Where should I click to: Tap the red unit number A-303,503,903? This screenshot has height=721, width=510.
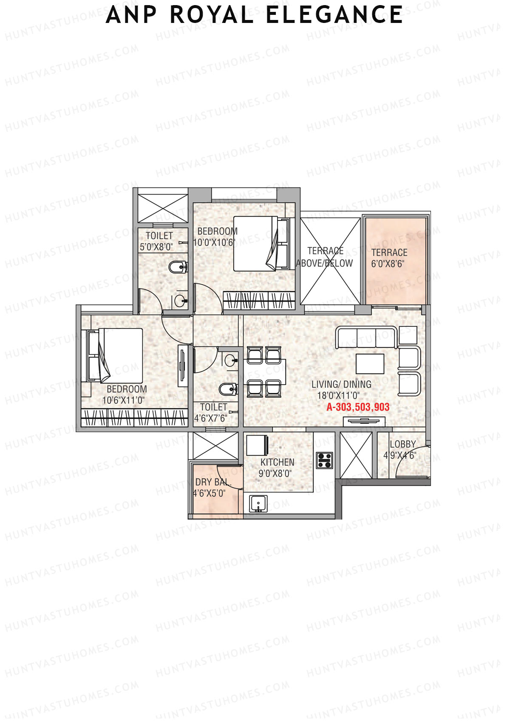click(x=358, y=407)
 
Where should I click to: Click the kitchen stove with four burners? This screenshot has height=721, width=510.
click(x=325, y=461)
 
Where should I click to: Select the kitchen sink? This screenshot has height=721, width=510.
click(x=258, y=503)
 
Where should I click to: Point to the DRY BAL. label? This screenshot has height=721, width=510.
click(x=213, y=482)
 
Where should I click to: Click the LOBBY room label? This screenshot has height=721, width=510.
click(x=402, y=444)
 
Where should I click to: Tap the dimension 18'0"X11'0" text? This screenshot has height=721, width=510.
click(x=338, y=396)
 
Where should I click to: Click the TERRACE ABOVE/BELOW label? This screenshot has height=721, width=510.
click(x=325, y=257)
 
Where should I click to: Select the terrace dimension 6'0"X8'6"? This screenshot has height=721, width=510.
click(x=388, y=263)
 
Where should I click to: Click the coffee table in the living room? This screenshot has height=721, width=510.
click(x=370, y=363)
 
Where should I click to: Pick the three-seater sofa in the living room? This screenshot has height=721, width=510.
click(x=366, y=337)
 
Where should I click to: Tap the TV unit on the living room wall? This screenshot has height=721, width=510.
click(x=364, y=421)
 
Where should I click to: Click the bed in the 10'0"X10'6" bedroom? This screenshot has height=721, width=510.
click(x=260, y=243)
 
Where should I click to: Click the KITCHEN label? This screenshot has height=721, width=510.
click(x=277, y=462)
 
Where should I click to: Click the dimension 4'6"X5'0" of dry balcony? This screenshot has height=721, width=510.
click(x=209, y=493)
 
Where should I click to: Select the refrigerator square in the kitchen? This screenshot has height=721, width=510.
click(x=257, y=445)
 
